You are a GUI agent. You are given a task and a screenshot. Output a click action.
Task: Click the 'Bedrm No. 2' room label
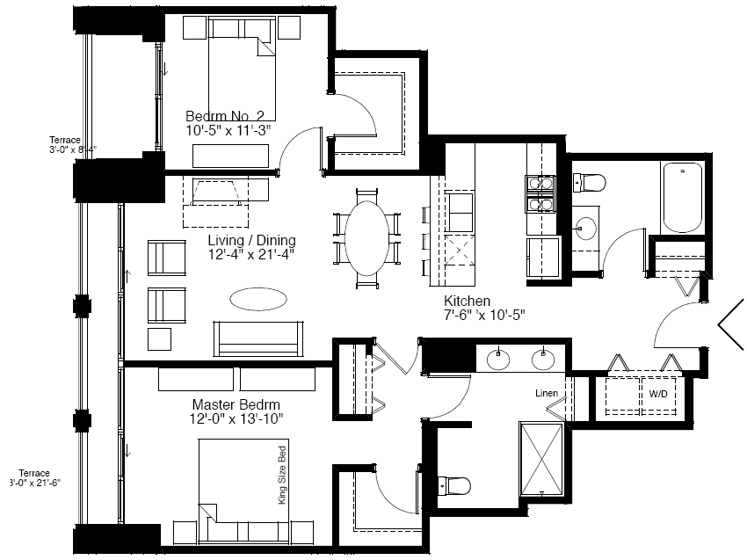tap(224, 116)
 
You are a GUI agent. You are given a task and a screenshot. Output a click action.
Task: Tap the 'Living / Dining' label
tap(251, 240)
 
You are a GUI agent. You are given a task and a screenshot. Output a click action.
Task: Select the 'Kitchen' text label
tap(467, 302)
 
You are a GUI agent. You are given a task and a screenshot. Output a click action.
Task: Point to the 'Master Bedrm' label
tap(236, 404)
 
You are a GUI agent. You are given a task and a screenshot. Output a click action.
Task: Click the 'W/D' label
tap(658, 394)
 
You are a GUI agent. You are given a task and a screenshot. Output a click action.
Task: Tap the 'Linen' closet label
tap(547, 393)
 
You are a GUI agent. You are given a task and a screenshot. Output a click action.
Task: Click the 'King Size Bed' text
tap(282, 476)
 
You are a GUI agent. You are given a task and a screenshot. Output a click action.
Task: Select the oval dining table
tap(367, 238)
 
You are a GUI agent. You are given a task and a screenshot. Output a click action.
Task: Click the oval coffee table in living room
tap(258, 299)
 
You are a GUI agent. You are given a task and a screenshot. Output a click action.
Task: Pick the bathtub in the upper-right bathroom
tap(682, 198)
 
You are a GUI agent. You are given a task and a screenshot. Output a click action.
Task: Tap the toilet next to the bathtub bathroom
tap(589, 183)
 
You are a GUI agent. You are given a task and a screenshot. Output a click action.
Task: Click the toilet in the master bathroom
tap(454, 486)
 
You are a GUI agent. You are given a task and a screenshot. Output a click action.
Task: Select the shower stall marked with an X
tap(541, 459)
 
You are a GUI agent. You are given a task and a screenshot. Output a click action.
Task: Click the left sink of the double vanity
tap(498, 360)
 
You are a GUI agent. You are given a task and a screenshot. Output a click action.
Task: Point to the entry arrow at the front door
tap(730, 324)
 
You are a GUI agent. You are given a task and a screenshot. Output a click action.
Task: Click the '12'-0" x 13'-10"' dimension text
tap(236, 419)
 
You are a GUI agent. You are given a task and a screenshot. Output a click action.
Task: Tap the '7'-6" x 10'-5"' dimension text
tap(484, 315)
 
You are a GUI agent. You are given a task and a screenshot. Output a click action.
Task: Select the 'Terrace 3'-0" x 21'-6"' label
tap(34, 478)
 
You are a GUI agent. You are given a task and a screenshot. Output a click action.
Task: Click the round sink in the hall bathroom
tap(585, 229)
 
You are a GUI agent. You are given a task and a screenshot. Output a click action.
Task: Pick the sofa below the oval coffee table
tap(258, 338)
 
